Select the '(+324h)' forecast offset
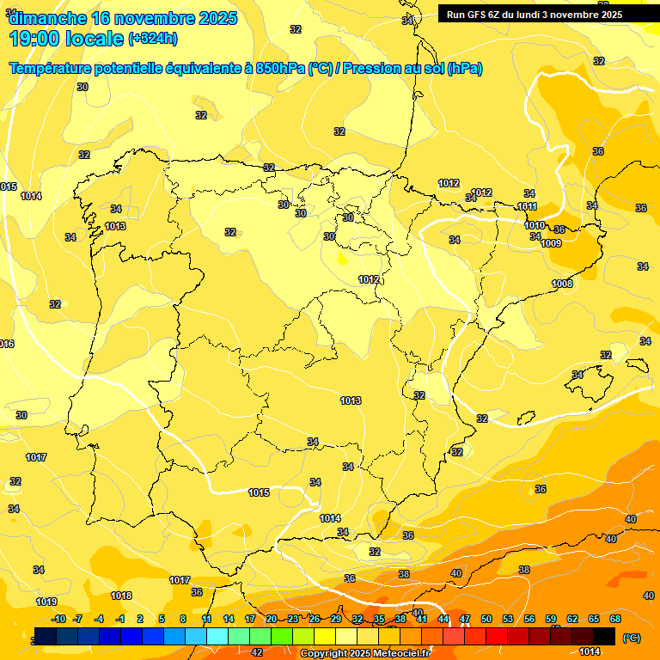tap(154, 39)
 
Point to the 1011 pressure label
tap(527, 207)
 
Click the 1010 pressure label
tap(535, 225)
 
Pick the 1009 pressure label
tap(551, 243)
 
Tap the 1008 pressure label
tap(562, 284)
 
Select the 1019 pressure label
tap(46, 602)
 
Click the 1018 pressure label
tap(121, 596)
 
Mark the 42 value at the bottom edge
tap(257, 652)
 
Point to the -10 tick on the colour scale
tap(58, 620)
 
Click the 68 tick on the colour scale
tap(615, 620)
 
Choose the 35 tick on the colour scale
tap(379, 620)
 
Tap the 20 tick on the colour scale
tap(272, 620)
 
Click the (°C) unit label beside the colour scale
tap(631, 638)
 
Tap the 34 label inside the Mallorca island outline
tap(577, 375)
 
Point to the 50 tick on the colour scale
tap(486, 620)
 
